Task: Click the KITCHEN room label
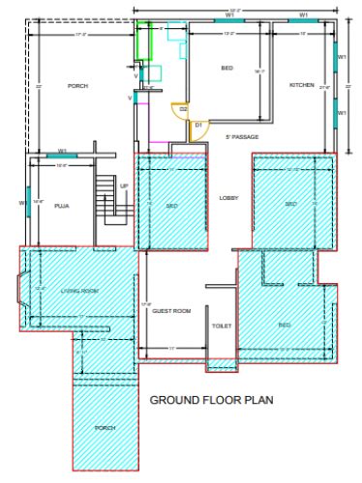point(302,86)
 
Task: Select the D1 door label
point(197,125)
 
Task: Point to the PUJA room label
point(62,206)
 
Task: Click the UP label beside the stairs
point(124,186)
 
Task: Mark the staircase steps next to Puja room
point(106,199)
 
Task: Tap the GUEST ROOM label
point(171,311)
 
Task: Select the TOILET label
point(222,327)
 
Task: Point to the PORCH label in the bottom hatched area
point(104,427)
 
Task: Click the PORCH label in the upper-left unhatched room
point(77,86)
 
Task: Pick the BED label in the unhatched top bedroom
point(226,69)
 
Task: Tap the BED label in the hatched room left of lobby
point(170,205)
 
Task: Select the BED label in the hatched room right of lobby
point(290,204)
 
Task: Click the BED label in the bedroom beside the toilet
point(285,325)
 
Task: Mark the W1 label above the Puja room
point(62,150)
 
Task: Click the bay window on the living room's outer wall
point(25,289)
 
